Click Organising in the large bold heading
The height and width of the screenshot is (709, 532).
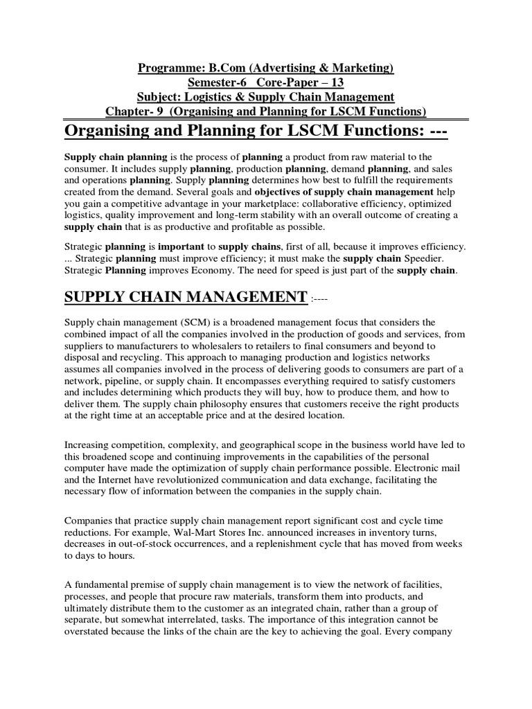pos(114,130)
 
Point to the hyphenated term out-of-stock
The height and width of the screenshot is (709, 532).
pos(140,544)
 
